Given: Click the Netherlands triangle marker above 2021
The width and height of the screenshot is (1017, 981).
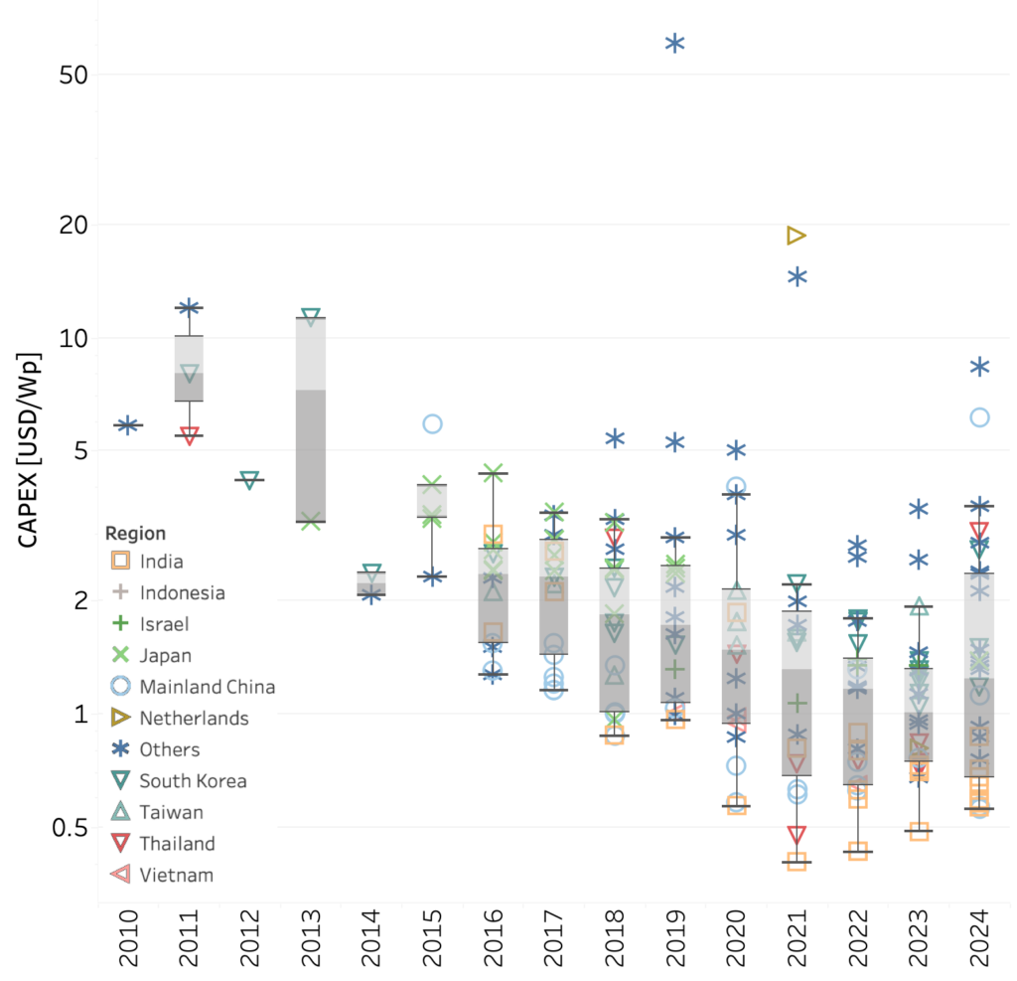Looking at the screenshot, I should (x=796, y=236).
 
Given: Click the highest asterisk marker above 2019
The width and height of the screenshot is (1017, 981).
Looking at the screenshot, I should (x=674, y=43).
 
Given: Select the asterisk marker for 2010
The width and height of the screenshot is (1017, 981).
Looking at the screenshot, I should (x=127, y=425).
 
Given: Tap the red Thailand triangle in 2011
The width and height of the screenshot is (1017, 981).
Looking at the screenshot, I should (x=189, y=435).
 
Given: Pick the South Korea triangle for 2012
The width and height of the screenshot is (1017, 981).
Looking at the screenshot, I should (x=250, y=480).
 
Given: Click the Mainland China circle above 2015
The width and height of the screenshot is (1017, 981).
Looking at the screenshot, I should (x=432, y=424).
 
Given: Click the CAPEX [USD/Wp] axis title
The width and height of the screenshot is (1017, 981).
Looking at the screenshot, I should (x=29, y=449).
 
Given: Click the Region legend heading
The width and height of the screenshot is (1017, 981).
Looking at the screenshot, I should (x=135, y=534).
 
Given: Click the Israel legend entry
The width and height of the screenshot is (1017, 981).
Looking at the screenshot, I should (x=163, y=624).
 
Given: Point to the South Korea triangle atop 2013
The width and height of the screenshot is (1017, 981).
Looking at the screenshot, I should (x=311, y=317).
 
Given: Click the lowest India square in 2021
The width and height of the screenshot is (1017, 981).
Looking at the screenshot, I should (x=796, y=862).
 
